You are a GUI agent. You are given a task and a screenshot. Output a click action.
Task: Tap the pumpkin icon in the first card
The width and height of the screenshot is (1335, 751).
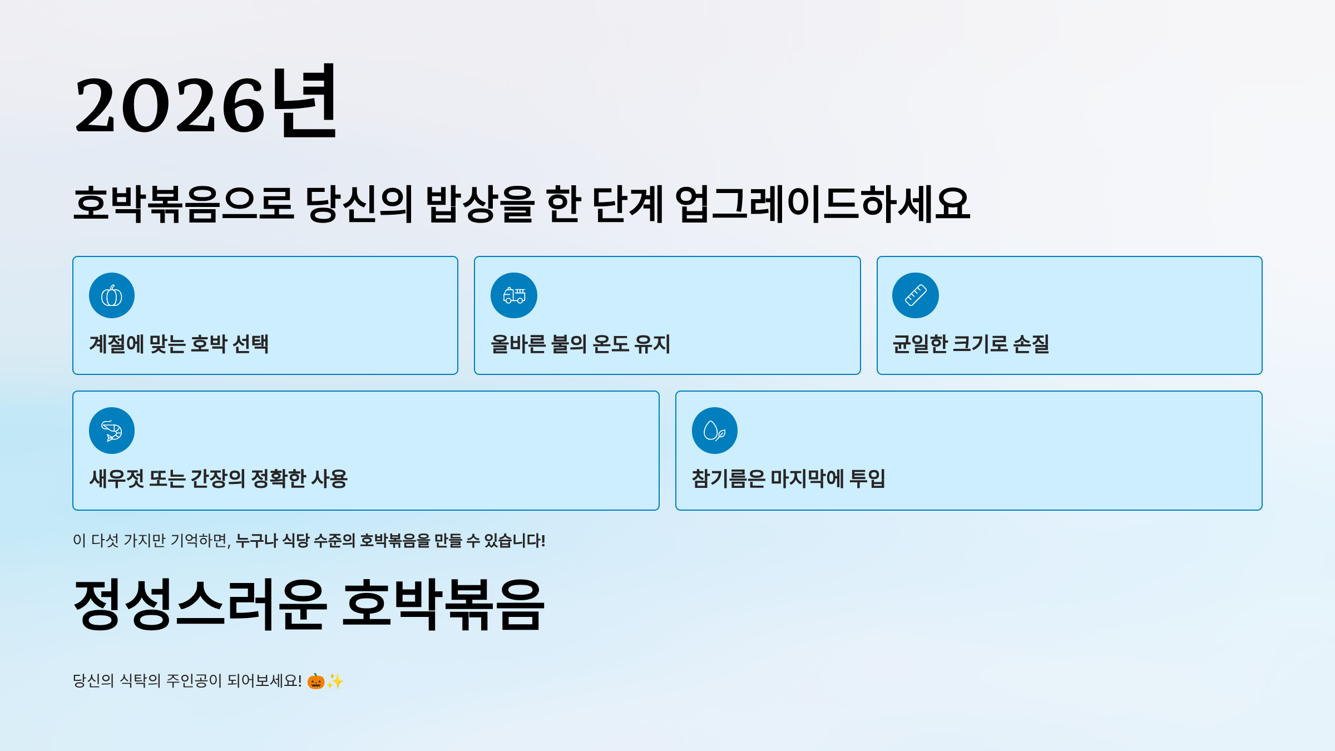click(x=112, y=295)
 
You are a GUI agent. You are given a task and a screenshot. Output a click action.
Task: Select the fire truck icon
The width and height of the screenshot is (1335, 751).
click(x=514, y=295)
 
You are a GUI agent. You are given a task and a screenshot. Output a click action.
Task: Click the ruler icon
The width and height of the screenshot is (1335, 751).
click(x=916, y=295)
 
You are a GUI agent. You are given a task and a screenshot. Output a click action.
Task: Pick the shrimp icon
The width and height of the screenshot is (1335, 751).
click(x=112, y=431)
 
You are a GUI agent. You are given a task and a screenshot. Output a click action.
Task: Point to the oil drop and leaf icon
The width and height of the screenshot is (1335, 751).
click(x=715, y=431)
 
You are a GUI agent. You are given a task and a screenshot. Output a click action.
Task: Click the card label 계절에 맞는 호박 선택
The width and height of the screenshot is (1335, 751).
click(x=179, y=344)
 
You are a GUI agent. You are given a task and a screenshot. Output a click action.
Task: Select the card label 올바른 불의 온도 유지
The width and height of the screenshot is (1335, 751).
click(x=581, y=344)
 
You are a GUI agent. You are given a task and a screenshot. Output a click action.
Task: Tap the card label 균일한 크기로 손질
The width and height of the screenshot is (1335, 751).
click(x=971, y=344)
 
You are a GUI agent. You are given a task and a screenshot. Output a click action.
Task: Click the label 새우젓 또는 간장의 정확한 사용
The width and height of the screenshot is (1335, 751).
click(x=219, y=478)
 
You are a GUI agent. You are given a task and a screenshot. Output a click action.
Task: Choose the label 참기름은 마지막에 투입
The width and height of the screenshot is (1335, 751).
click(x=788, y=478)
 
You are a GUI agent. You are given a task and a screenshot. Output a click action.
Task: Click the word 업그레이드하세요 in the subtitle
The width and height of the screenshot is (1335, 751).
click(x=823, y=204)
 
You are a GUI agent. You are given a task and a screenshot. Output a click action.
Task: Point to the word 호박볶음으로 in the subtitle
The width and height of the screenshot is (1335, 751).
click(x=184, y=204)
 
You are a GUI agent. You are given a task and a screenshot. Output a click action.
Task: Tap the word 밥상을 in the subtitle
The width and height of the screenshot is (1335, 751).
click(x=480, y=204)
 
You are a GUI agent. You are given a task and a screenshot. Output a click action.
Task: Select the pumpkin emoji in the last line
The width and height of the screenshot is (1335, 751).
click(x=316, y=681)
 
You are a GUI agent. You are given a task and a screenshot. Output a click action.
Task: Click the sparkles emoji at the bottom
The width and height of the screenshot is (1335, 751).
click(x=335, y=681)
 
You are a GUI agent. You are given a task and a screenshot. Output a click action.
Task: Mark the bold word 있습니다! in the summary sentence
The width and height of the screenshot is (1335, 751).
click(x=515, y=540)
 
